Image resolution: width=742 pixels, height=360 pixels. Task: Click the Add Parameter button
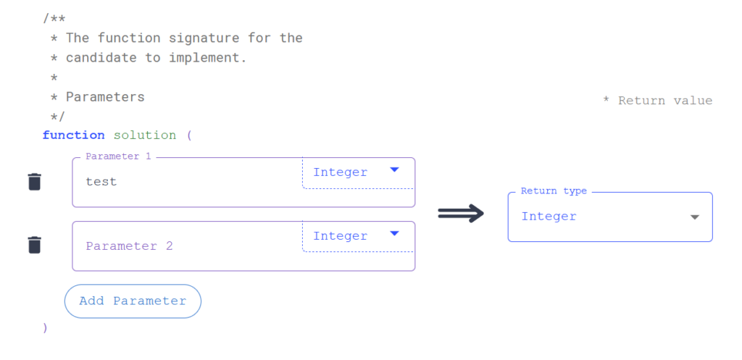pyautogui.click(x=133, y=301)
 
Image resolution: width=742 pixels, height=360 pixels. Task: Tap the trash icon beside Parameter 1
pyautogui.click(x=34, y=182)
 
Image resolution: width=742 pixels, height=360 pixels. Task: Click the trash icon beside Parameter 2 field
pyautogui.click(x=34, y=246)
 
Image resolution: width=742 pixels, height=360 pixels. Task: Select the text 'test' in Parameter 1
pyautogui.click(x=101, y=182)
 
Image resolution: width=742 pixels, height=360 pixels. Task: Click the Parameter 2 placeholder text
pyautogui.click(x=129, y=246)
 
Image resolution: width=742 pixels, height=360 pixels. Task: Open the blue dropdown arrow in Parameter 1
pyautogui.click(x=394, y=169)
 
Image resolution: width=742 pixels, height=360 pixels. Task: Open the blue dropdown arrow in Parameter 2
pyautogui.click(x=394, y=233)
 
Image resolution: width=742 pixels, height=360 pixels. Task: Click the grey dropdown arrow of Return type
pyautogui.click(x=694, y=217)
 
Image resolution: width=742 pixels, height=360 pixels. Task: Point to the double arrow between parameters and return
pyautogui.click(x=461, y=213)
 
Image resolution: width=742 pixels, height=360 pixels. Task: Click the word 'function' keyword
pyautogui.click(x=73, y=135)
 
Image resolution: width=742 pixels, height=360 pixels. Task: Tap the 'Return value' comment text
pyautogui.click(x=664, y=101)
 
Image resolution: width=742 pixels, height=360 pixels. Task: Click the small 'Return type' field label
pyautogui.click(x=554, y=191)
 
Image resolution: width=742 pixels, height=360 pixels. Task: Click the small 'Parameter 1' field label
pyautogui.click(x=117, y=156)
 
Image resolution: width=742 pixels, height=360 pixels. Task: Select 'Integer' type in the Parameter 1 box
pyautogui.click(x=340, y=172)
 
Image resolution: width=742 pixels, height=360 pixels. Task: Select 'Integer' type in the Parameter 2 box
pyautogui.click(x=340, y=236)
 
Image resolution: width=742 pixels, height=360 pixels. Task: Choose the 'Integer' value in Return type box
pyautogui.click(x=549, y=217)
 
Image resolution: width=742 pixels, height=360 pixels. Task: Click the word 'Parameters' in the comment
pyautogui.click(x=105, y=97)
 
